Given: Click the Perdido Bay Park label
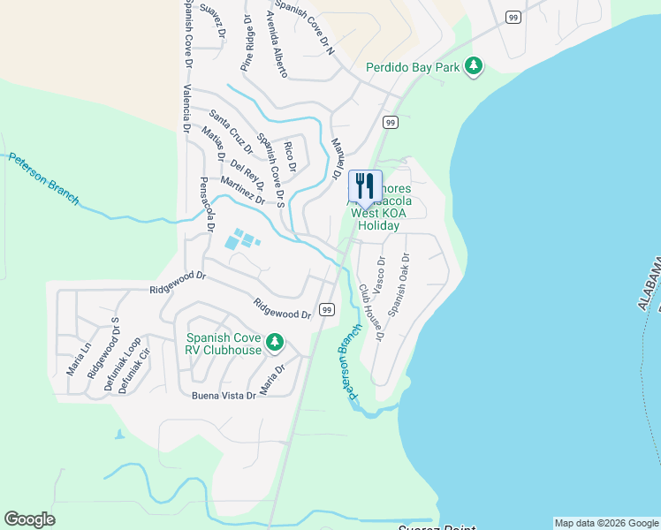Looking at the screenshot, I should click(415, 67).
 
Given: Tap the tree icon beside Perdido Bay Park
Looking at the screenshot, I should click(475, 66).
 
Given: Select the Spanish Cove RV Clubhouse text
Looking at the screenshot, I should click(224, 344).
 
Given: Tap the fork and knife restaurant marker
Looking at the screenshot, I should click(365, 185).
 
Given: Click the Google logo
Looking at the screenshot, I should click(29, 519).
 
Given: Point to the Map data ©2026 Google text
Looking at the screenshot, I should click(605, 523).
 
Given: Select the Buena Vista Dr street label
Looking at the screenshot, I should click(224, 396).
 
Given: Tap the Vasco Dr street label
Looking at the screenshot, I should click(381, 274).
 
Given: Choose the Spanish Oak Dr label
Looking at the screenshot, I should click(399, 284).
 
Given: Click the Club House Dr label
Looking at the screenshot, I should click(371, 312).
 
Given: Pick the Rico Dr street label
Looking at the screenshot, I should click(287, 155).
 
